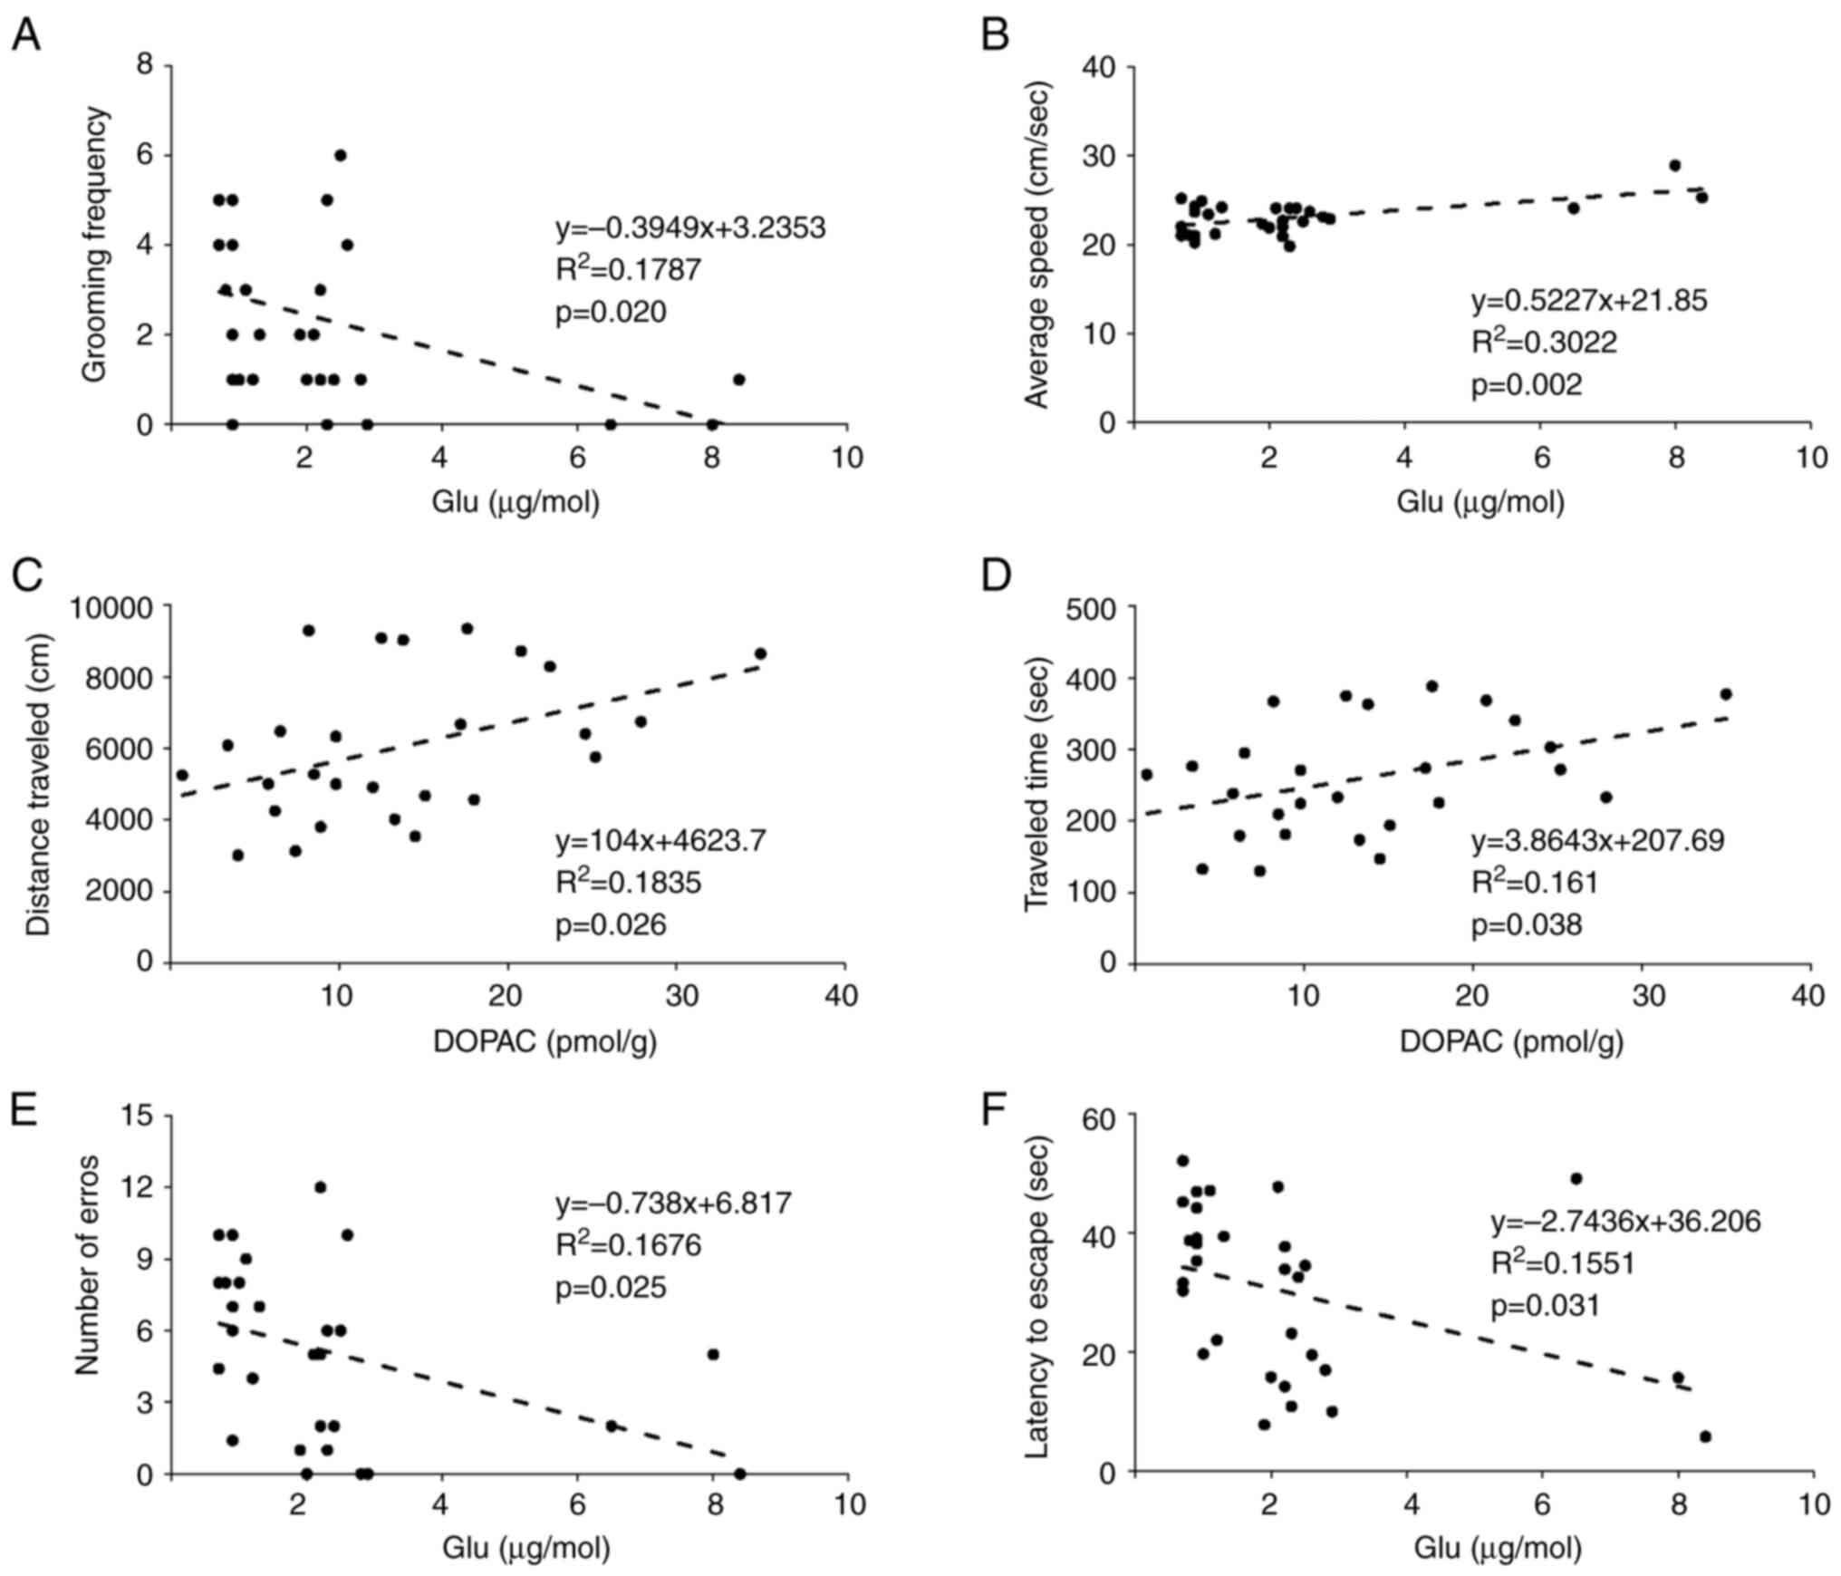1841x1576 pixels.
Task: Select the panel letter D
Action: coord(998,576)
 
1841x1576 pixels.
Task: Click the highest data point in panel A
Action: coord(340,155)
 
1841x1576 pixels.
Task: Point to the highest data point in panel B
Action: coord(1675,166)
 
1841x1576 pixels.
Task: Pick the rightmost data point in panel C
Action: coord(760,653)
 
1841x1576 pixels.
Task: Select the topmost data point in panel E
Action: coord(320,1187)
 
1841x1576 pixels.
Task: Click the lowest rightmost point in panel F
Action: coord(1705,1436)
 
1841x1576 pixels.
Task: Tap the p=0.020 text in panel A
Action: coord(611,313)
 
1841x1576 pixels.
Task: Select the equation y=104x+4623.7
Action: coord(660,840)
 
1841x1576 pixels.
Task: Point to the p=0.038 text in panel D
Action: coord(1526,925)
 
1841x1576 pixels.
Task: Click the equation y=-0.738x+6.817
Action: coord(673,1204)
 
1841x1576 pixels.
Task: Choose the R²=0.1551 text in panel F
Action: coord(1563,1263)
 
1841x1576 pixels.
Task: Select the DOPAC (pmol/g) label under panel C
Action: coord(545,1043)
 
